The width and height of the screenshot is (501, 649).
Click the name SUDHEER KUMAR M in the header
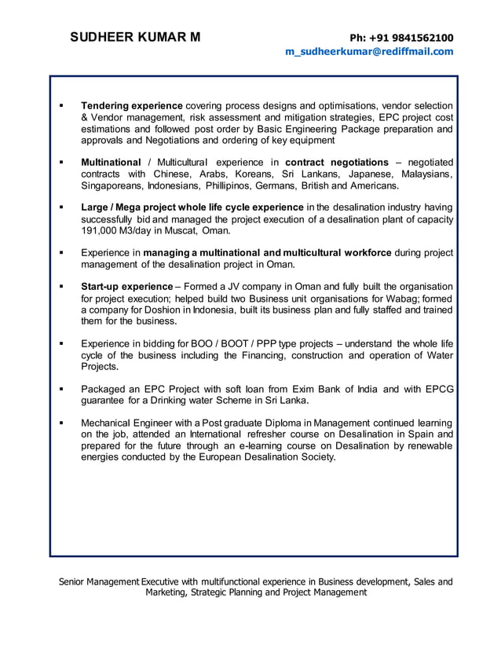[x=135, y=37]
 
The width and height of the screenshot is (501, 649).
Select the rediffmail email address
[x=369, y=52]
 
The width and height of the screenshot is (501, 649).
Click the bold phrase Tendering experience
[x=132, y=105]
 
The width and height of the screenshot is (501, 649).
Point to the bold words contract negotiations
[x=337, y=162]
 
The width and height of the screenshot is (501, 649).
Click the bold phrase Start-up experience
[x=126, y=287]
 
